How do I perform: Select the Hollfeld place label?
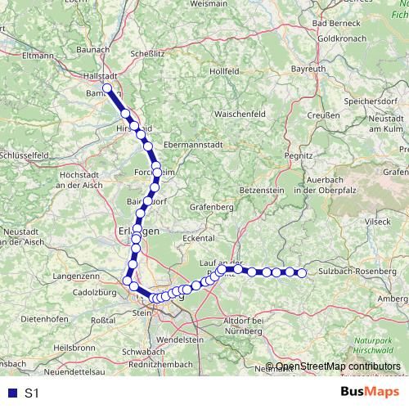coord(223,71)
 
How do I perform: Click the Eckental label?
coord(199,238)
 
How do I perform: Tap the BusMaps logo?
coord(365,393)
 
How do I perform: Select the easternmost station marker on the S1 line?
coord(301,272)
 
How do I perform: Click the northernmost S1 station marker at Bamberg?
coord(107,88)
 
